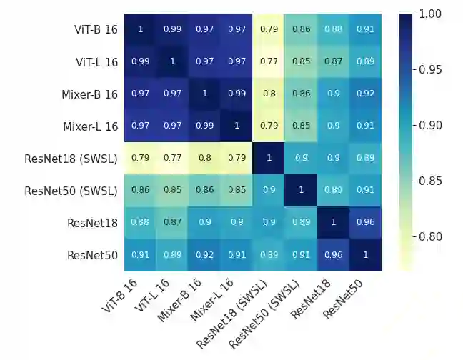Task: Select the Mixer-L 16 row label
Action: coord(86,126)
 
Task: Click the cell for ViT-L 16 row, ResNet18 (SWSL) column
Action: coord(269,61)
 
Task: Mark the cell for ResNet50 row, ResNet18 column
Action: coord(333,254)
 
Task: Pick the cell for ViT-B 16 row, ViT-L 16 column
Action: coord(172,29)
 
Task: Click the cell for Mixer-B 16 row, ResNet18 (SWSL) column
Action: coord(269,94)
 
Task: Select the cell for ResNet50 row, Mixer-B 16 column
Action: coord(204,254)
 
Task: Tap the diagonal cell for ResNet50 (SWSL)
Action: coord(301,190)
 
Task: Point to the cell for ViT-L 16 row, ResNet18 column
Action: coord(333,61)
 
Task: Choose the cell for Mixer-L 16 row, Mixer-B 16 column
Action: coord(204,126)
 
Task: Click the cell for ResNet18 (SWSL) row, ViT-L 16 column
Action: coord(172,158)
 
